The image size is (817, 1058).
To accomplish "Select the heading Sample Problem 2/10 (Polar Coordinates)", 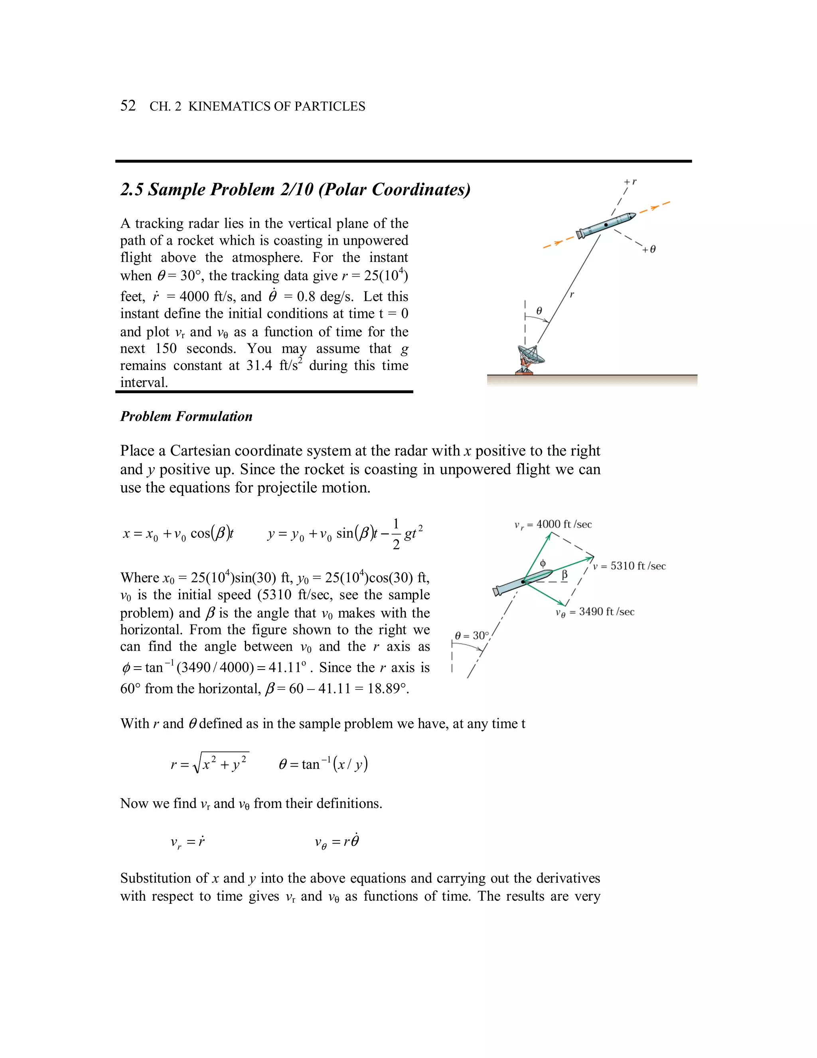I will pos(295,189).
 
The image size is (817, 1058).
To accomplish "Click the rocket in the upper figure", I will pos(606,225).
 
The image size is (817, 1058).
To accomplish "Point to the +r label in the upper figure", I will pos(630,182).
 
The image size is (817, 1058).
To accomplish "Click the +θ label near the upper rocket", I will pos(649,250).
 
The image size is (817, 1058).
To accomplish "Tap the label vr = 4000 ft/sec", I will pos(553,525).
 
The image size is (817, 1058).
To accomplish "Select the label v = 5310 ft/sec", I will pos(629,566).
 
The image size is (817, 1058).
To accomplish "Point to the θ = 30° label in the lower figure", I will pos(472,636).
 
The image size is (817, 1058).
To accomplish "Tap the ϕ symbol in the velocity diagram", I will pos(543,563).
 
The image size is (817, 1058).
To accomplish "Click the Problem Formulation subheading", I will pos(186,416).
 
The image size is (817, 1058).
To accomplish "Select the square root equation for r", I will pos(209,764).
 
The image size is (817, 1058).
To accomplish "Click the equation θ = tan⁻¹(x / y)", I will pos(323,764).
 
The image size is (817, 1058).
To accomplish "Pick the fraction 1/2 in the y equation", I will pos(396,534).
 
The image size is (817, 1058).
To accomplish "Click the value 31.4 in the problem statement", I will pos(259,366).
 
